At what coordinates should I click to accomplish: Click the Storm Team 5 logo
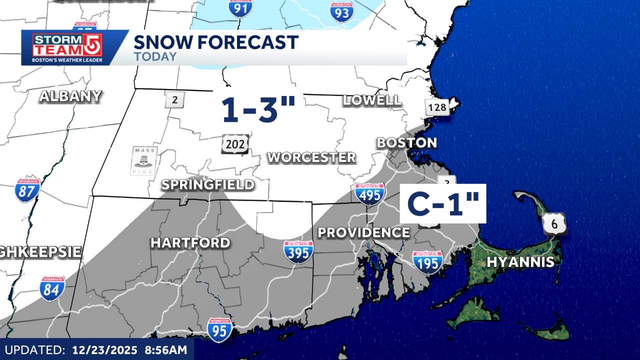[67, 47]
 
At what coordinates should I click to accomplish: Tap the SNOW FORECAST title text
[216, 42]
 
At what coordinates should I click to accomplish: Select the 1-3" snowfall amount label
[258, 109]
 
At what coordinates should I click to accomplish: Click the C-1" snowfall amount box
[443, 203]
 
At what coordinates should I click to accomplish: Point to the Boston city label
[406, 143]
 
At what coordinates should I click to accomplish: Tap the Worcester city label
[311, 157]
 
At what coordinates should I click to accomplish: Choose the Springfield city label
[207, 185]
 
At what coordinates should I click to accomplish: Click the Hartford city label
[190, 243]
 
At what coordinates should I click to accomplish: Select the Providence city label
[364, 232]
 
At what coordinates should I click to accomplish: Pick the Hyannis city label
[520, 262]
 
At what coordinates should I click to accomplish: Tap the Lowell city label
[372, 100]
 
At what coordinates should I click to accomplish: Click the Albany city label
[70, 96]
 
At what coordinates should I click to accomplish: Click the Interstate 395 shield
[298, 251]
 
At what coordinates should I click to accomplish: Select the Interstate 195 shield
[427, 261]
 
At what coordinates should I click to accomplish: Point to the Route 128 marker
[437, 107]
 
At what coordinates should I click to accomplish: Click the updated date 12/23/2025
[104, 349]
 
